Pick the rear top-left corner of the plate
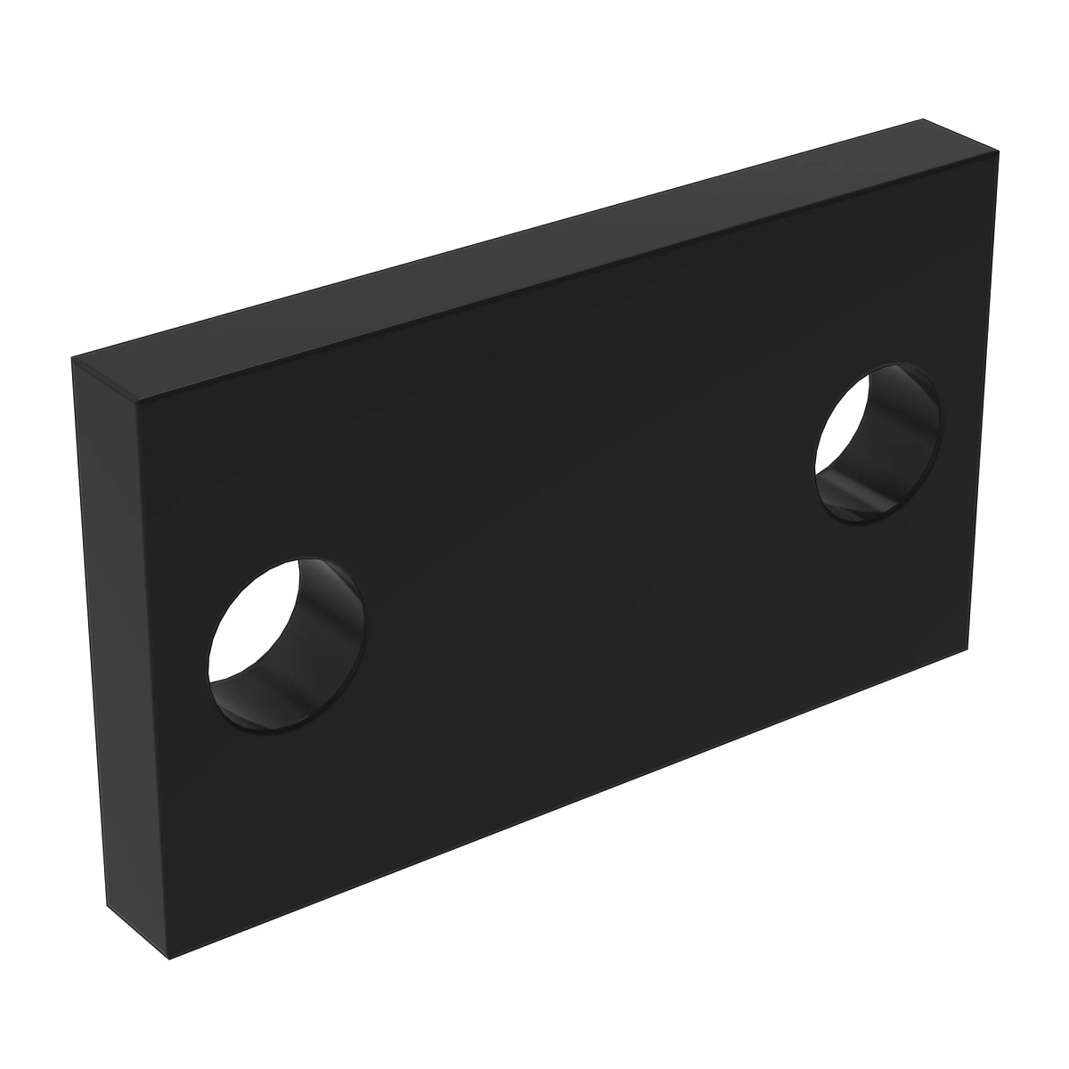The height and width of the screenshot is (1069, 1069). (x=72, y=361)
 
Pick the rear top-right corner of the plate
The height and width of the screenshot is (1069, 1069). (x=924, y=119)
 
